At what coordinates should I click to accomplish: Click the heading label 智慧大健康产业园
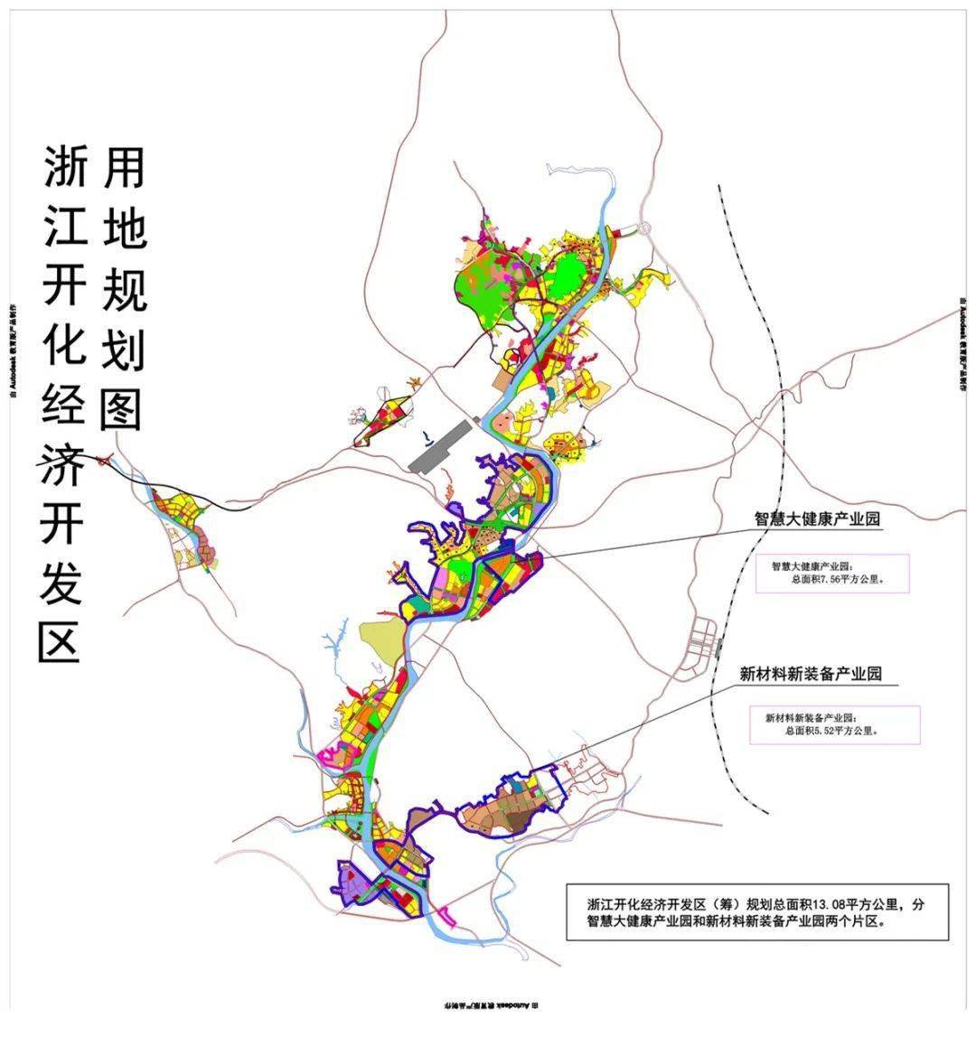[817, 519]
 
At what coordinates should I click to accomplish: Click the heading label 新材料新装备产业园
[810, 674]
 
